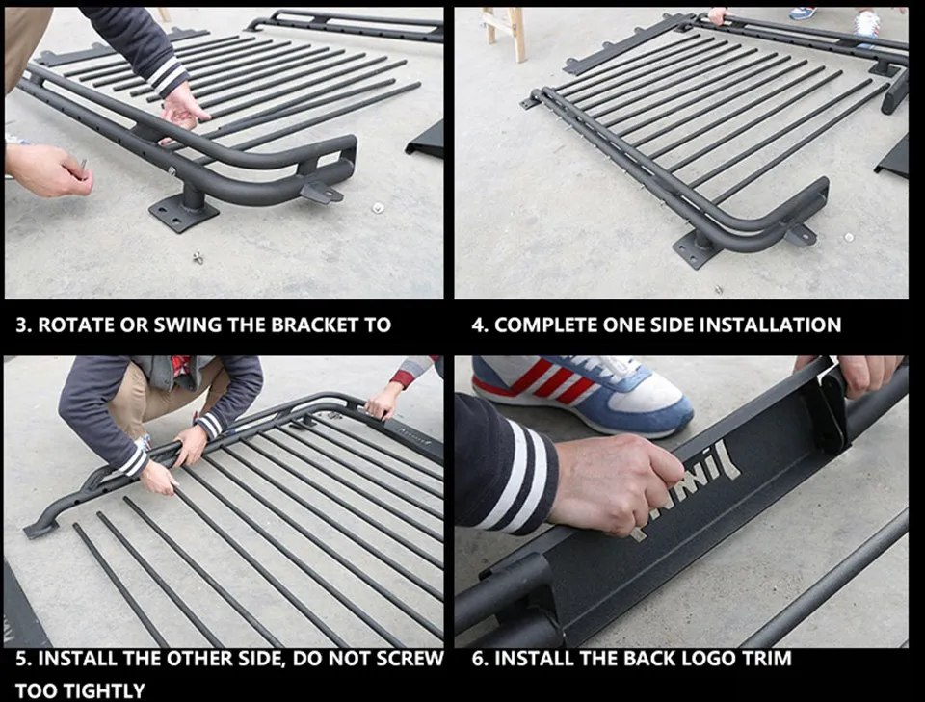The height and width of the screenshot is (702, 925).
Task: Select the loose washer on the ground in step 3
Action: coord(378,207)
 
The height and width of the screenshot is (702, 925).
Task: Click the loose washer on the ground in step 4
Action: coord(848,238)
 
